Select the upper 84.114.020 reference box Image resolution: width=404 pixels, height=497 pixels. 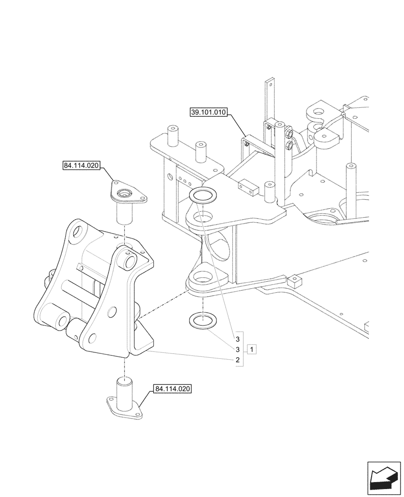82,165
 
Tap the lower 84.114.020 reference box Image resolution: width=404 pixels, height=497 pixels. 173,389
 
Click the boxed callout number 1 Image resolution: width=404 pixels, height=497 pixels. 253,349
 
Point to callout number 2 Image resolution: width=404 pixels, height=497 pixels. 238,359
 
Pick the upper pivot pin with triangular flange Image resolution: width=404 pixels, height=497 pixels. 127,201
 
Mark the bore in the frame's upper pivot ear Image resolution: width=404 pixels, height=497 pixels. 201,217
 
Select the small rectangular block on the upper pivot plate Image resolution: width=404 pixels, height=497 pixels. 249,186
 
